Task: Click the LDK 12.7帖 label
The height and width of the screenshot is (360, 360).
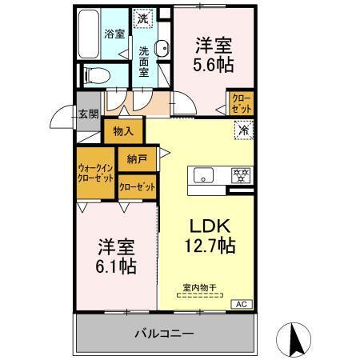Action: pos(210,232)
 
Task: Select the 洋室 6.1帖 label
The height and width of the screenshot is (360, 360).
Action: pos(116,254)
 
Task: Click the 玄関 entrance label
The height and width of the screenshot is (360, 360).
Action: pos(88,113)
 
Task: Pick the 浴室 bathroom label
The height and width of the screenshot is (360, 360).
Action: pos(114,34)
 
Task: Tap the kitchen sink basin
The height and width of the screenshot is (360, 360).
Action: pos(202,175)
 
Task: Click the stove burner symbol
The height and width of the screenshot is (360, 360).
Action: pos(238,175)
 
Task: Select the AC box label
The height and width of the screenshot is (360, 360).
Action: pos(240,304)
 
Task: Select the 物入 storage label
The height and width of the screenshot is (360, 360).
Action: pos(124,130)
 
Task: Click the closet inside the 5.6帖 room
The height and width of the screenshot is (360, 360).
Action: pos(241,102)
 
